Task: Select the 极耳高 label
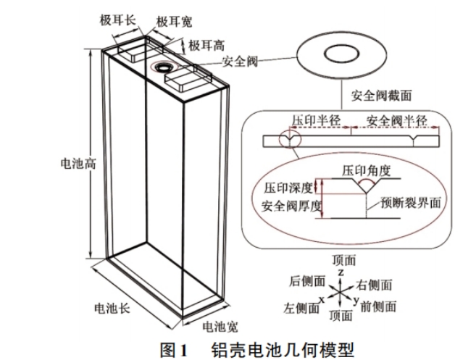(x=206, y=45)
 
